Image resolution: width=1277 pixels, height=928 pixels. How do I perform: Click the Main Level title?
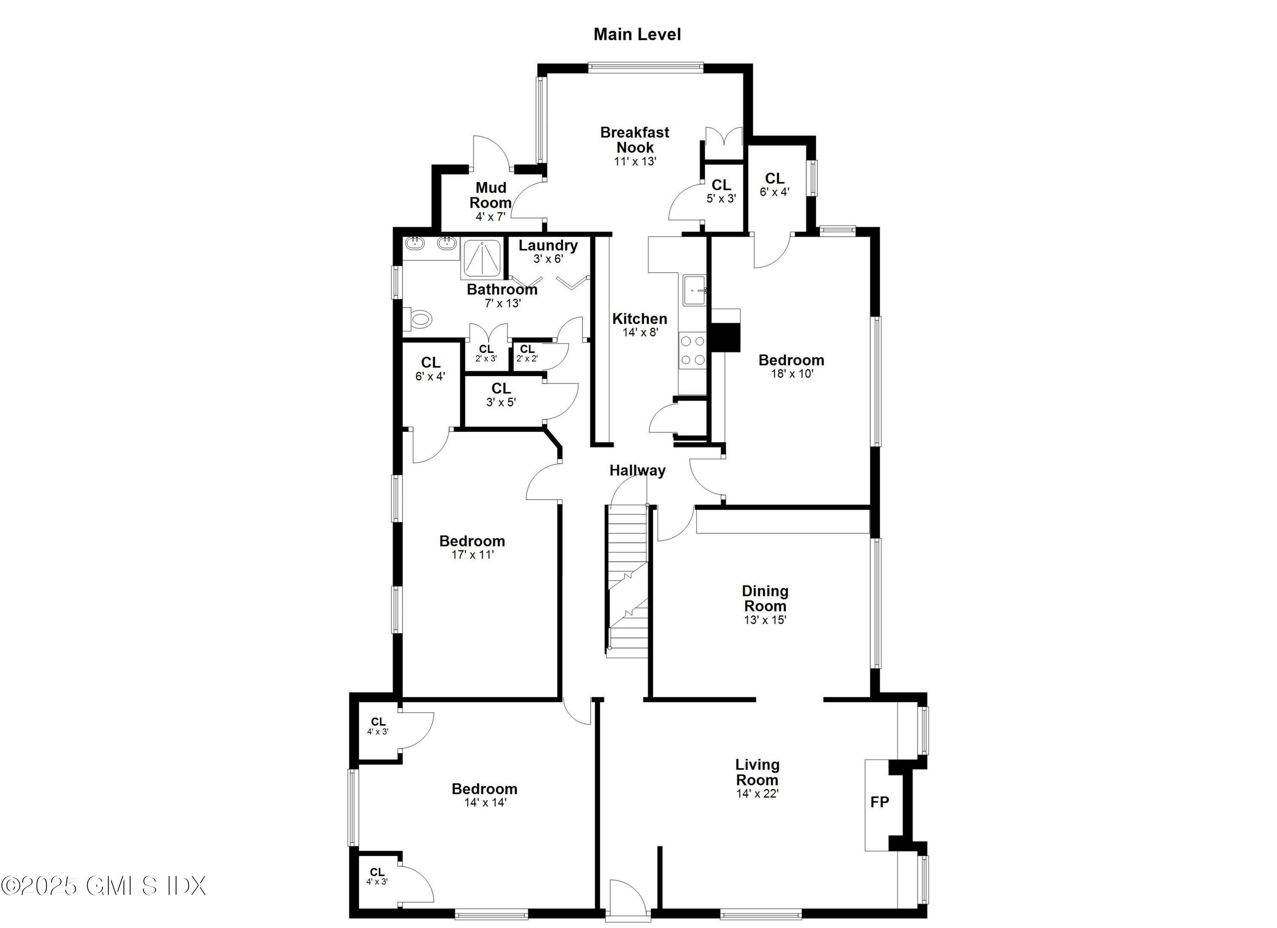(637, 34)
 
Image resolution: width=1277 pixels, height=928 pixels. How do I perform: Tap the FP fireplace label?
(879, 802)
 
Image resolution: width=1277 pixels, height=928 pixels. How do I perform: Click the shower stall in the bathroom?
(483, 258)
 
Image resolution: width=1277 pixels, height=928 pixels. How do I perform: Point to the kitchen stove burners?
(692, 350)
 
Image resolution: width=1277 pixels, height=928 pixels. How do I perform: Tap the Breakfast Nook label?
(635, 140)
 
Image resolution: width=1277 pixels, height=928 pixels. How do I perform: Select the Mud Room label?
(490, 195)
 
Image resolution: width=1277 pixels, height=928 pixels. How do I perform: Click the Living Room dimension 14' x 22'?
(757, 794)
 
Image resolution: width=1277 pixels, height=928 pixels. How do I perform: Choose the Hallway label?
(637, 471)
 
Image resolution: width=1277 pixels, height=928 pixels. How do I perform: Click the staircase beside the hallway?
(628, 580)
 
